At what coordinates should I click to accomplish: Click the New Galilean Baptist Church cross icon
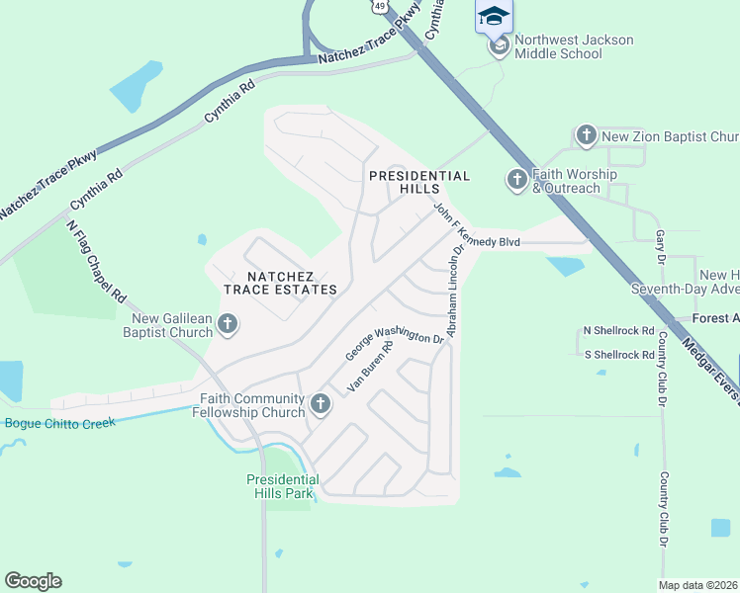tap(228, 323)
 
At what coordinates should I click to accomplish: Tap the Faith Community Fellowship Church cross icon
tap(320, 403)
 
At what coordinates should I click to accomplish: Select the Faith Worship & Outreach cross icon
tap(516, 180)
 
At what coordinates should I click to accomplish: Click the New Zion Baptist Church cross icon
tap(586, 135)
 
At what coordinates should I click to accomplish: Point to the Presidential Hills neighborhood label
tap(418, 182)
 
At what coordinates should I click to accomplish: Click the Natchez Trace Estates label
tap(280, 283)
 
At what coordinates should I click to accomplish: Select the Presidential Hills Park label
tap(280, 486)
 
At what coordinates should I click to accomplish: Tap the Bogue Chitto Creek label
tap(60, 423)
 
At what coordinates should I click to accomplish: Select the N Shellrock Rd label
tap(619, 330)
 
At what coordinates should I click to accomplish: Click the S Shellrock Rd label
tap(619, 355)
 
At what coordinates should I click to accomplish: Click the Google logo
tap(33, 581)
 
